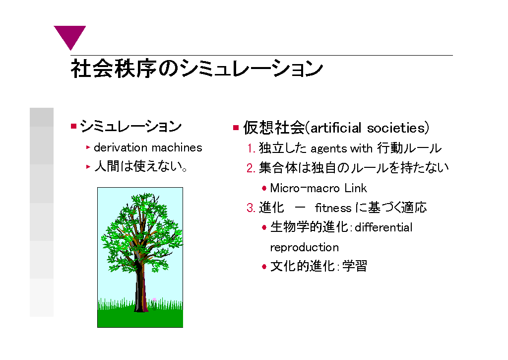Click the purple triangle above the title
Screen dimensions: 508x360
click(x=70, y=35)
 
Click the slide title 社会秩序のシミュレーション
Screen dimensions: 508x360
click(x=196, y=69)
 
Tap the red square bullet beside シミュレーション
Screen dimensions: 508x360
click(x=73, y=126)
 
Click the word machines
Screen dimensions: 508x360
click(x=177, y=147)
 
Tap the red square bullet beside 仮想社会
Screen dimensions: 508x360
click(x=236, y=128)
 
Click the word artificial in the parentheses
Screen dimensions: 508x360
click(x=336, y=128)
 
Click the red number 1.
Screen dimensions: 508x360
click(x=251, y=148)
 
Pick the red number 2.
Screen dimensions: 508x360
click(x=251, y=168)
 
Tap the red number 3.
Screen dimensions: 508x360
click(x=251, y=208)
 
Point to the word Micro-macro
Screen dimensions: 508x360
click(x=305, y=188)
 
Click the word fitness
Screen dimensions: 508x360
click(x=333, y=208)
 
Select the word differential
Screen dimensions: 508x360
click(x=383, y=227)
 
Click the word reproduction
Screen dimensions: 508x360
click(x=304, y=247)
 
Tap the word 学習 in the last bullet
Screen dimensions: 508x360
click(x=355, y=266)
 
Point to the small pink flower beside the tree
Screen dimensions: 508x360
click(x=154, y=300)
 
